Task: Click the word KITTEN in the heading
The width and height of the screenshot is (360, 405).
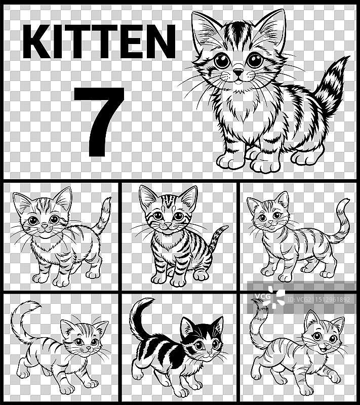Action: coord(99,42)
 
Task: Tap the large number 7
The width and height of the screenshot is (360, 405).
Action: coord(99,121)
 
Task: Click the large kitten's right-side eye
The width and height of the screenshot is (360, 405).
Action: coord(255,61)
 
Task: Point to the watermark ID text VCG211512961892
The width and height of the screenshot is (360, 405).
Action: coord(318,299)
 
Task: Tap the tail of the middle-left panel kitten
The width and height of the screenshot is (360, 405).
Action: coord(103,215)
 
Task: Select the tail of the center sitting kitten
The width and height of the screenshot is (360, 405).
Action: coord(218,238)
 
